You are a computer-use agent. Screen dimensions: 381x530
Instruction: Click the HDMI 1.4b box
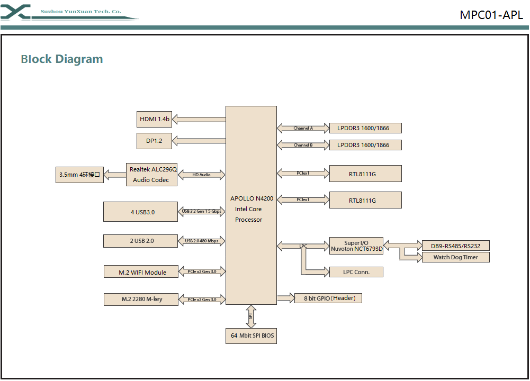tap(154, 119)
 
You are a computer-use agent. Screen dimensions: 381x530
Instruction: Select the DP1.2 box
tap(154, 141)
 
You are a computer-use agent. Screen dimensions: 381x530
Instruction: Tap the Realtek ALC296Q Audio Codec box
tap(151, 174)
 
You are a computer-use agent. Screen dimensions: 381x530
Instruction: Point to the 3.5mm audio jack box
tap(79, 175)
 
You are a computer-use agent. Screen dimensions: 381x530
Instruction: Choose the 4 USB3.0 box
tap(140, 212)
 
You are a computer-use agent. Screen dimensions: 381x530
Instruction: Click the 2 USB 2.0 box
tap(140, 241)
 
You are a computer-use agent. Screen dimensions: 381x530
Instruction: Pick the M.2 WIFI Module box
tap(142, 272)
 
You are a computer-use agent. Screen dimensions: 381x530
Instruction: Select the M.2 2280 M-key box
tap(142, 299)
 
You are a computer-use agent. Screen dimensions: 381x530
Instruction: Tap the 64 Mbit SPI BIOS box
tap(250, 335)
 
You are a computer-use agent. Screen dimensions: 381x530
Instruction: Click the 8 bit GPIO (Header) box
tap(328, 298)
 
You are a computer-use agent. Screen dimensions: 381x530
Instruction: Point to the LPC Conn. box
tap(356, 272)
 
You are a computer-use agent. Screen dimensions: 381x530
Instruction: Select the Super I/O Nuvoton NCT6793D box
tap(356, 246)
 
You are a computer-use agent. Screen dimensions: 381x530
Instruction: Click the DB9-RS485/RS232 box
tap(455, 246)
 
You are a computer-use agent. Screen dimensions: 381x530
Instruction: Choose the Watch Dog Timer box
tap(455, 257)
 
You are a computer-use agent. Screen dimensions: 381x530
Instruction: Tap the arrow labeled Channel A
tap(303, 128)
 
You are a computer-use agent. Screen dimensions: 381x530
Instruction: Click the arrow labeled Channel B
tap(303, 145)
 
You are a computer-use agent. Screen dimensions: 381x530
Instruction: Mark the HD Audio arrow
tap(201, 174)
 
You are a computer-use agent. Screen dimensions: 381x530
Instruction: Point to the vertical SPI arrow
tap(251, 316)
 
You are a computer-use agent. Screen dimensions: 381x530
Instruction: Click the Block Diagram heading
tap(62, 59)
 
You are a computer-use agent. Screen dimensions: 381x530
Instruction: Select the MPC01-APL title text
tap(491, 15)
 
